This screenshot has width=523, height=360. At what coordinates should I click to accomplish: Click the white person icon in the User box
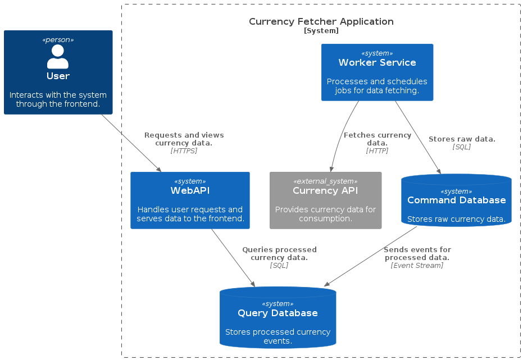[58, 57]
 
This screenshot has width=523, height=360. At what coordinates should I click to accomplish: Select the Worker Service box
[377, 72]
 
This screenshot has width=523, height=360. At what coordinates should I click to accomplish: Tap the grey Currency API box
[325, 200]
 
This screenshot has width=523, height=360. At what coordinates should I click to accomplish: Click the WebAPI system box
[190, 200]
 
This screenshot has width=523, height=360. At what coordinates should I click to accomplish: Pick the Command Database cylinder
[456, 200]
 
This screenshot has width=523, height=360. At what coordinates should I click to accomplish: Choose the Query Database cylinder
[278, 318]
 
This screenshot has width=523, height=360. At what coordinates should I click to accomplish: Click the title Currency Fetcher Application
[321, 22]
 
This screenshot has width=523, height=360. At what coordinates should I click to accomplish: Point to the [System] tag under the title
[321, 31]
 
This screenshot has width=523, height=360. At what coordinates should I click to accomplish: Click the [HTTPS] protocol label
[184, 151]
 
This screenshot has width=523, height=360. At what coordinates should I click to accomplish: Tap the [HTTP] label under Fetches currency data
[377, 151]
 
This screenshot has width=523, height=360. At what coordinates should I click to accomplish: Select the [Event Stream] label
[417, 266]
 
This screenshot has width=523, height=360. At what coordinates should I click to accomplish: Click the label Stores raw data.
[462, 139]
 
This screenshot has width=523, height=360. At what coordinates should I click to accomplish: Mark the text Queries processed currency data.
[279, 253]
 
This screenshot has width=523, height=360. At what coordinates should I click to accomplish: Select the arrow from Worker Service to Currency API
[340, 135]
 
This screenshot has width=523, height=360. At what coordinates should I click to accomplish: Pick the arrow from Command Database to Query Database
[371, 256]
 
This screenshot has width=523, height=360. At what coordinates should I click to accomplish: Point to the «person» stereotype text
[58, 40]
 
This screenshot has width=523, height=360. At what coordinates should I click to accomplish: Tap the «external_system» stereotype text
[325, 181]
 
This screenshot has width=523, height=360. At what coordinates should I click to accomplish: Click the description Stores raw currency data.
[456, 220]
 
